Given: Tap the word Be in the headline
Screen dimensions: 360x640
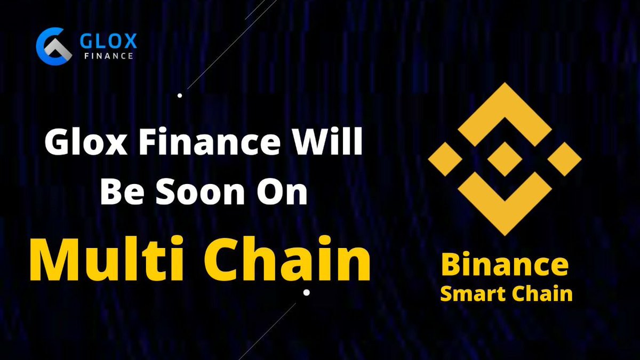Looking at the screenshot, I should click(x=121, y=193).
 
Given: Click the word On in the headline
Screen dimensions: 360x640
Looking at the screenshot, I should click(x=284, y=193).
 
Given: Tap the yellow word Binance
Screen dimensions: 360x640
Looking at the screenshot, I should click(x=505, y=265).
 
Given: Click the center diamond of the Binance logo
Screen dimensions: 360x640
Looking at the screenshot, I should click(x=505, y=159).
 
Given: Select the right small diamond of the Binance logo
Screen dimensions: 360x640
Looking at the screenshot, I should click(x=565, y=159).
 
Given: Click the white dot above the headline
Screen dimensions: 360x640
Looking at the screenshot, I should click(x=180, y=96).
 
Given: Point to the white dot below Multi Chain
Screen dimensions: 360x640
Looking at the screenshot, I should click(x=306, y=292).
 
